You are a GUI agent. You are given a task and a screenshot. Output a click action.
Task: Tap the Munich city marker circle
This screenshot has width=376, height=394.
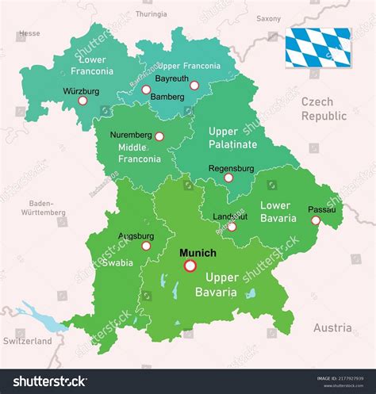point(190,266)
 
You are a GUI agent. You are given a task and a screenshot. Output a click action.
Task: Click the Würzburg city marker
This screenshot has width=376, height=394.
point(82,101)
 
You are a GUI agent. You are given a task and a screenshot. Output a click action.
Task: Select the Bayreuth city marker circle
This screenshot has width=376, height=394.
point(194,86)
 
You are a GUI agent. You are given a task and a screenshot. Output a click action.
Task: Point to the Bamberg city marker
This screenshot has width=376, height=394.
point(146,90)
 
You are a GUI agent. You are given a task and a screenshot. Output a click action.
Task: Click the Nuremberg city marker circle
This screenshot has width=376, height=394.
point(159,136)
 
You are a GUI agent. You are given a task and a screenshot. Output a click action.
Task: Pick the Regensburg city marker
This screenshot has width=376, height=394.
point(228,178)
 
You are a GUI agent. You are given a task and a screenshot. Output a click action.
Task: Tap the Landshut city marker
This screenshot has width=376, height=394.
point(232,227)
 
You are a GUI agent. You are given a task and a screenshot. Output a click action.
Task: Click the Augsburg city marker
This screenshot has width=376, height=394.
point(146,246)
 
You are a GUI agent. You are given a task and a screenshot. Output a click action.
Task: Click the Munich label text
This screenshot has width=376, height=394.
point(198,253)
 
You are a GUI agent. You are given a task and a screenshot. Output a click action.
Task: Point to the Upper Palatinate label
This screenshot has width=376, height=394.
point(232,137)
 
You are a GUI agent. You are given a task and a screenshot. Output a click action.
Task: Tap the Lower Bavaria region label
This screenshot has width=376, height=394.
point(275,212)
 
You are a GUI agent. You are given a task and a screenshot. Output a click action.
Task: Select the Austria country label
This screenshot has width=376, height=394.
point(332,327)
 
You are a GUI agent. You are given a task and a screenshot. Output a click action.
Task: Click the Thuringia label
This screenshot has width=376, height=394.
point(151,14)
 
